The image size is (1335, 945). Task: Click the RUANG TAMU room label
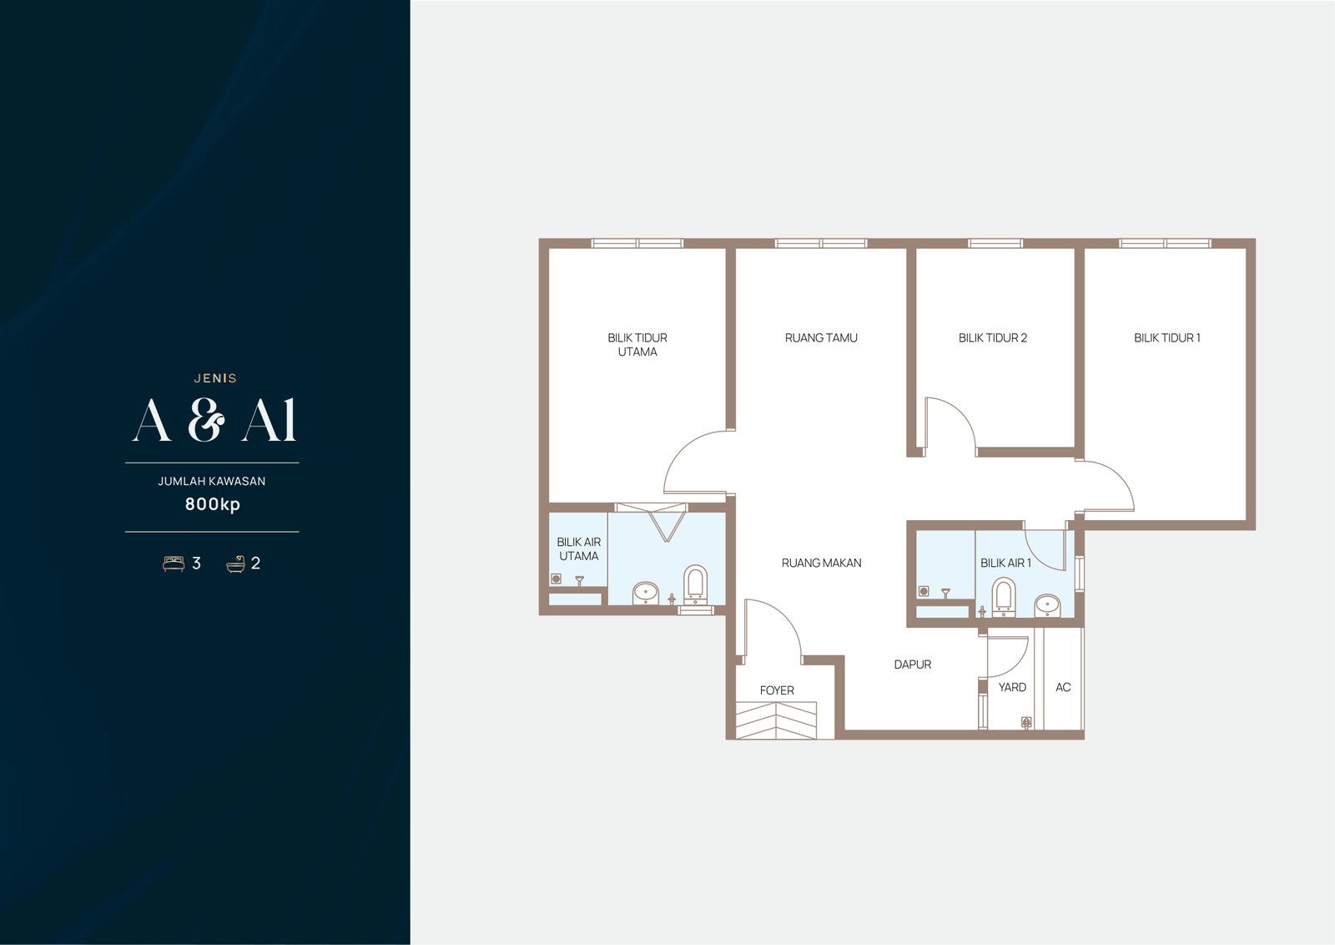point(821,337)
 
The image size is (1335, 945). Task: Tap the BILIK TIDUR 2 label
point(992,337)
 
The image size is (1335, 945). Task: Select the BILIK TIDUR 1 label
point(1166,337)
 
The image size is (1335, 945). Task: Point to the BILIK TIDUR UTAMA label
point(637,345)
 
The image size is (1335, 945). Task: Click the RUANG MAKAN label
point(821,562)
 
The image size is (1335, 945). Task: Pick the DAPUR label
point(912,665)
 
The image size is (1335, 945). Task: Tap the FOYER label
point(777,690)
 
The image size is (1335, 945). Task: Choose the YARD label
point(1012,687)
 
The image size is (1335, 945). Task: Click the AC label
point(1063,687)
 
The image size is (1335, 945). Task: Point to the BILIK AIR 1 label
point(1005,562)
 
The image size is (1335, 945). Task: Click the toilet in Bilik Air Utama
point(695,584)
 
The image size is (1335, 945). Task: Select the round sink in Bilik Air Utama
point(645,593)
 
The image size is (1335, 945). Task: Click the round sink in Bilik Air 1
point(1046,605)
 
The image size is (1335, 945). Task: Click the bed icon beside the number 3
point(174,563)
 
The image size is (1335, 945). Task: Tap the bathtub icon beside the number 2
point(236,563)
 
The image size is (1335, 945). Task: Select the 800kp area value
point(212,504)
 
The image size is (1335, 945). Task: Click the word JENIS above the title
point(215,378)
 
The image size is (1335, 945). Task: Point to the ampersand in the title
point(206,420)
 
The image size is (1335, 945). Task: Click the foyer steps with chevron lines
point(775,720)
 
